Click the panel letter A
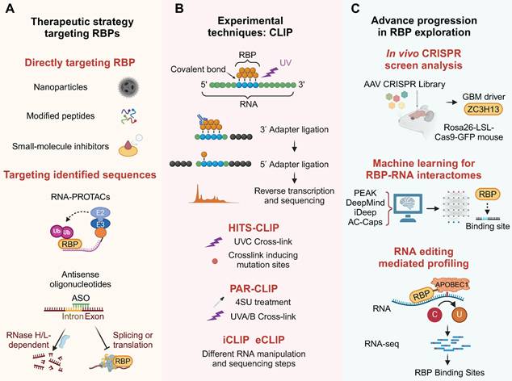[x=9, y=10]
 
